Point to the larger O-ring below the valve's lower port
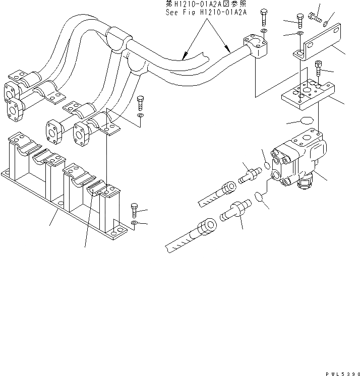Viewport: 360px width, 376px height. coord(260,197)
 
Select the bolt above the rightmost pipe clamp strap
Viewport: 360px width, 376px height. coord(140,103)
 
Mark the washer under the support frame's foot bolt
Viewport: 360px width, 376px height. coord(133,223)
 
